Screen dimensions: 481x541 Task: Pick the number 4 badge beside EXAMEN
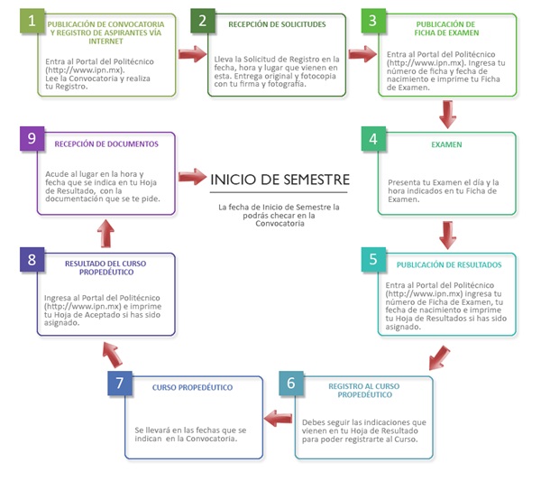click(x=372, y=142)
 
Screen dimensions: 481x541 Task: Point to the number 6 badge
click(x=290, y=382)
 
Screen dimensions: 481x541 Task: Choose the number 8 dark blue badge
click(x=32, y=259)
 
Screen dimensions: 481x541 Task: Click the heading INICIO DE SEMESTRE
click(x=280, y=179)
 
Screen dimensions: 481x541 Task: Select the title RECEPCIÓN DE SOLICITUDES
click(x=279, y=25)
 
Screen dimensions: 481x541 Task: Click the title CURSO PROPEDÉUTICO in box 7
click(x=191, y=388)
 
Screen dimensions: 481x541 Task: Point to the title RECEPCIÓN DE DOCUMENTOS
click(x=106, y=143)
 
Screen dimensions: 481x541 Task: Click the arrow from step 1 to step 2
click(x=191, y=55)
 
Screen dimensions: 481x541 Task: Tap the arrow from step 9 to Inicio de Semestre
click(x=192, y=175)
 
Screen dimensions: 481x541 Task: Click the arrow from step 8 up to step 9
click(x=106, y=233)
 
